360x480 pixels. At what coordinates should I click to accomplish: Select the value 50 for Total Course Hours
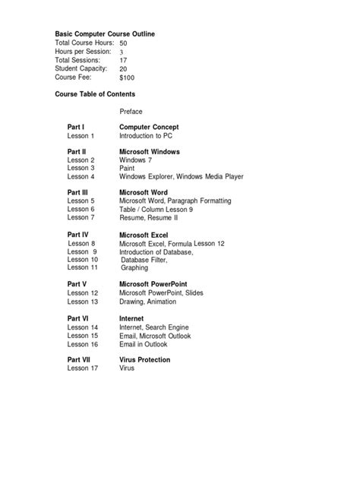(124, 44)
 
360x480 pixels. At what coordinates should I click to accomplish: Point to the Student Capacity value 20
(124, 69)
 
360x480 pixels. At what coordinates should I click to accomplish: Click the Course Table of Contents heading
(95, 94)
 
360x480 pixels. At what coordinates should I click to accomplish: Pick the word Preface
(131, 112)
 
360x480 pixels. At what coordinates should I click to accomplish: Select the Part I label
(76, 127)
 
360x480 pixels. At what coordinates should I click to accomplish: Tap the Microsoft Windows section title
(150, 152)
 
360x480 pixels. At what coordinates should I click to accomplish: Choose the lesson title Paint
(128, 168)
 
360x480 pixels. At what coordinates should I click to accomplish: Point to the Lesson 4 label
(81, 176)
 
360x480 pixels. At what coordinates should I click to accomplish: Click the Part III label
(78, 193)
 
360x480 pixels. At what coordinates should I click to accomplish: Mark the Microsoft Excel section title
(144, 235)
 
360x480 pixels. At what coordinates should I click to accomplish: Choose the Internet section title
(131, 319)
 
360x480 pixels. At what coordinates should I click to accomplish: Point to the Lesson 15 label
(83, 336)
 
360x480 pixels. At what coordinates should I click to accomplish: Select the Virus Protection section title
(145, 360)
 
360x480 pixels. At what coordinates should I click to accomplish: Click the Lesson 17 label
(83, 368)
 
